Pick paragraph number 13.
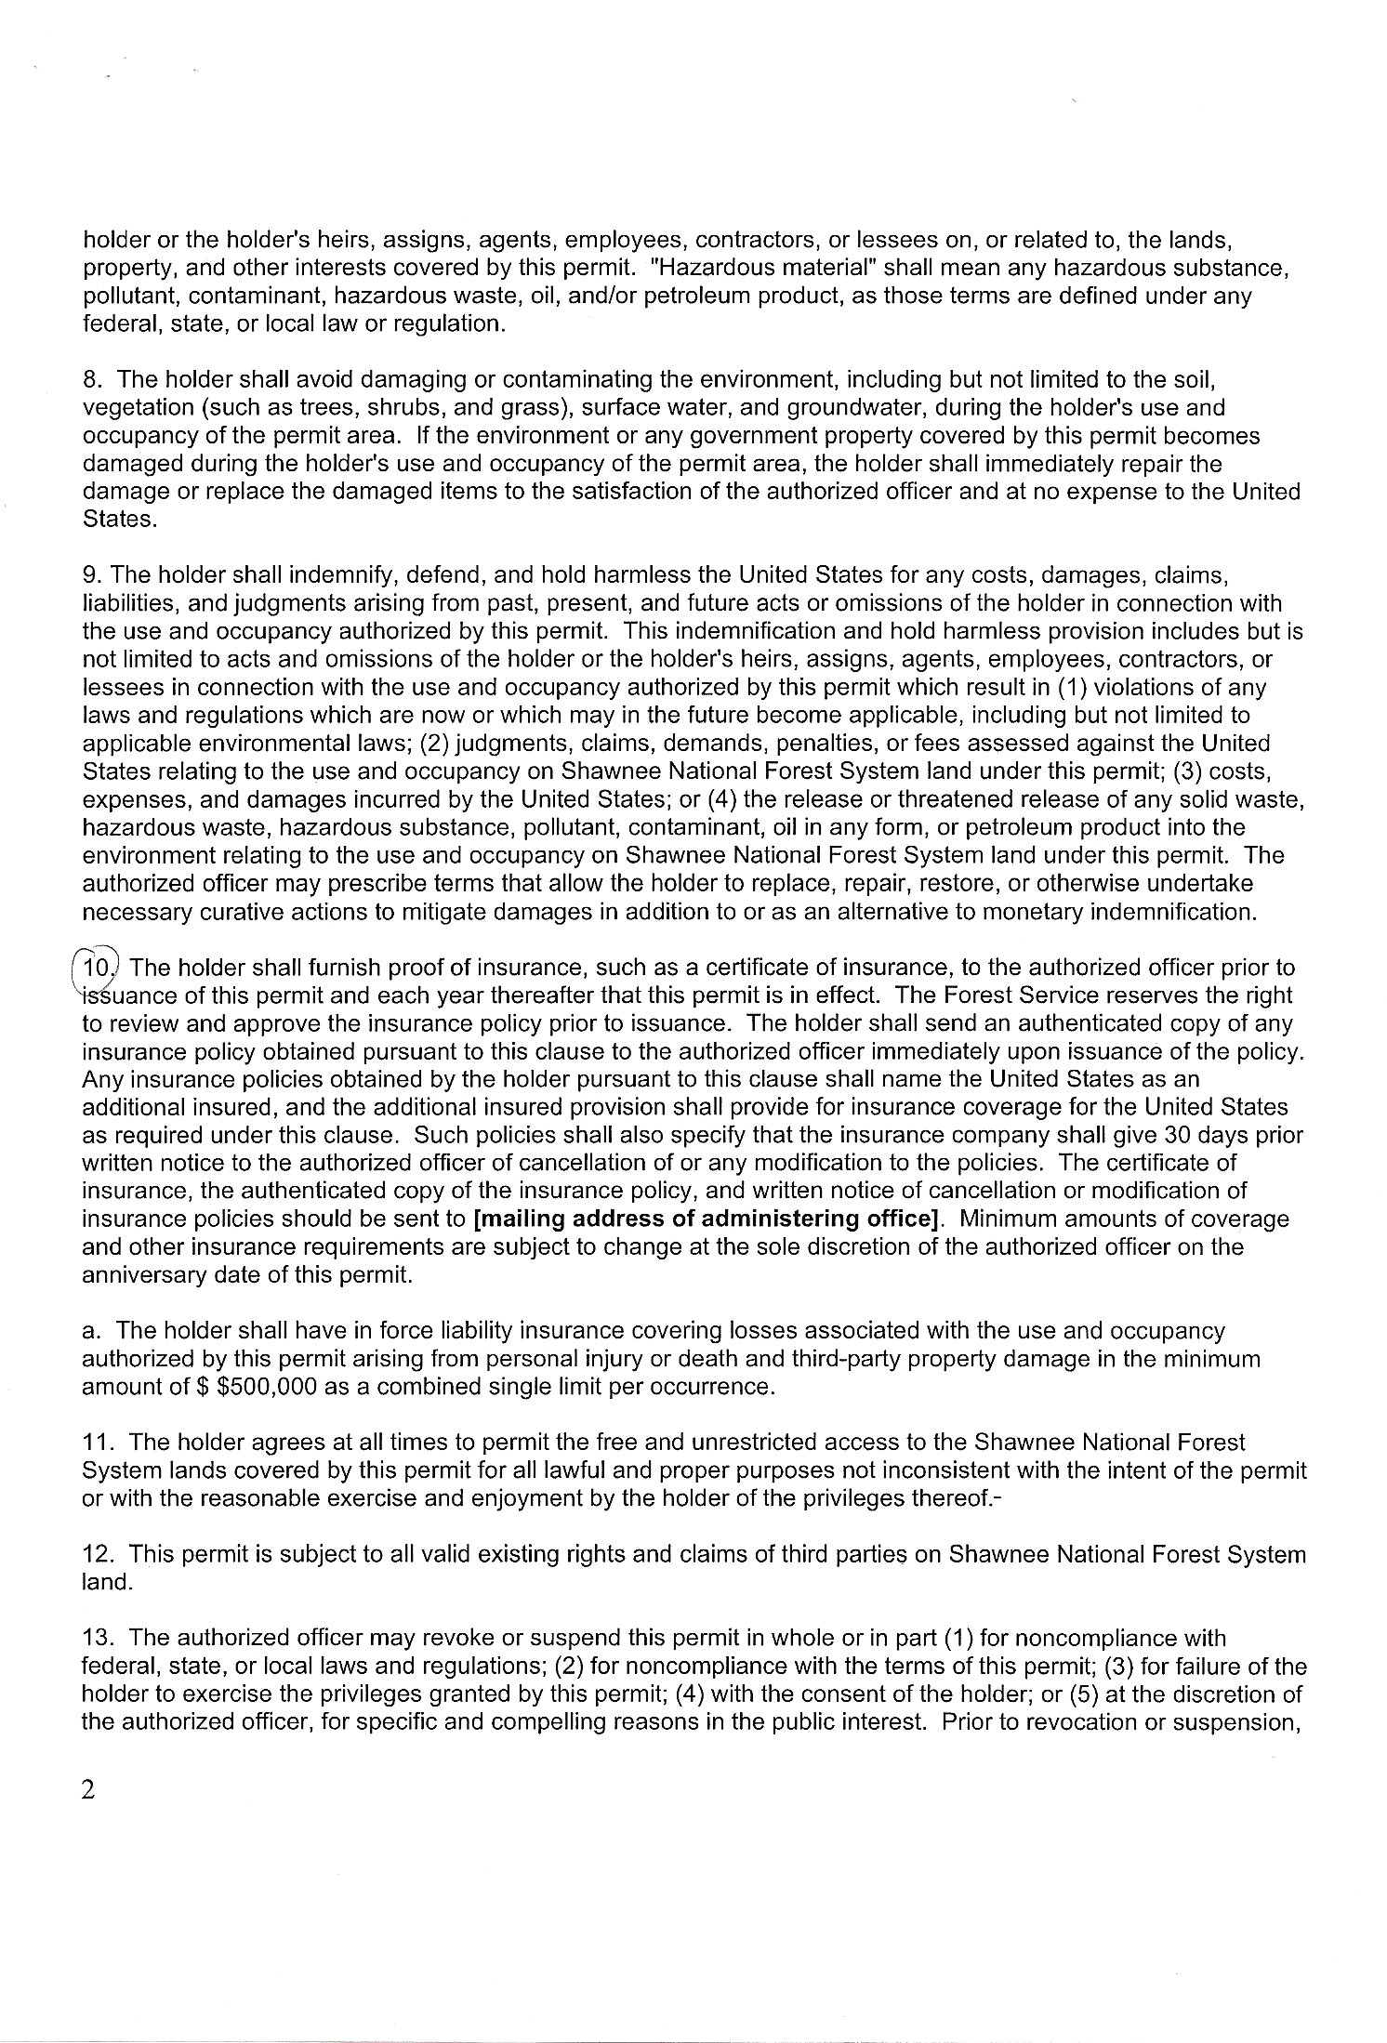coord(98,1638)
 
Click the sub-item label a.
coord(90,1331)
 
